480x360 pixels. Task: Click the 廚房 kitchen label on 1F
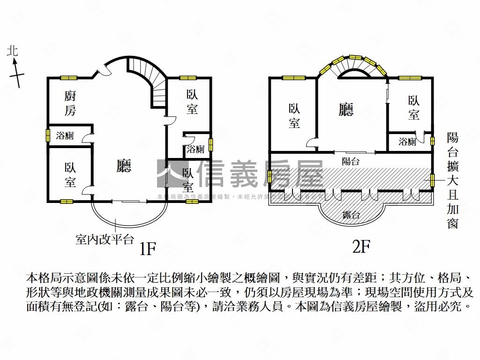click(x=69, y=104)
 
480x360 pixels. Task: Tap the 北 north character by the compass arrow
click(x=13, y=51)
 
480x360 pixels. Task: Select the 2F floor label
click(x=361, y=247)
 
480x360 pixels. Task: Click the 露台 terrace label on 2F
click(x=351, y=215)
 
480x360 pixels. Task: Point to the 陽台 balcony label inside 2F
click(x=351, y=161)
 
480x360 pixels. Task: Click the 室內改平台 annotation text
click(x=105, y=239)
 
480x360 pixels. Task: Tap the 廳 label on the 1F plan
click(x=124, y=165)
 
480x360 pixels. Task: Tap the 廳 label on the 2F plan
click(x=346, y=109)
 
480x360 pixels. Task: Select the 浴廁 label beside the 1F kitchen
click(x=65, y=136)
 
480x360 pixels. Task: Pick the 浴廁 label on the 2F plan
click(x=407, y=142)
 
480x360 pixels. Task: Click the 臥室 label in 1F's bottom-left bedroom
click(x=70, y=175)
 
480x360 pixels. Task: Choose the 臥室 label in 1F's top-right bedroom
click(x=192, y=102)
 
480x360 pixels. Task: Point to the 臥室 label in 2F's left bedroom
click(x=294, y=116)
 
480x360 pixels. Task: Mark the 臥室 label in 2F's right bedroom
click(x=413, y=107)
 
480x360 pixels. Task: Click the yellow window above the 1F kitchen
click(x=68, y=78)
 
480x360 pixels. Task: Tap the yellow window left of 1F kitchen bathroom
click(x=47, y=135)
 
